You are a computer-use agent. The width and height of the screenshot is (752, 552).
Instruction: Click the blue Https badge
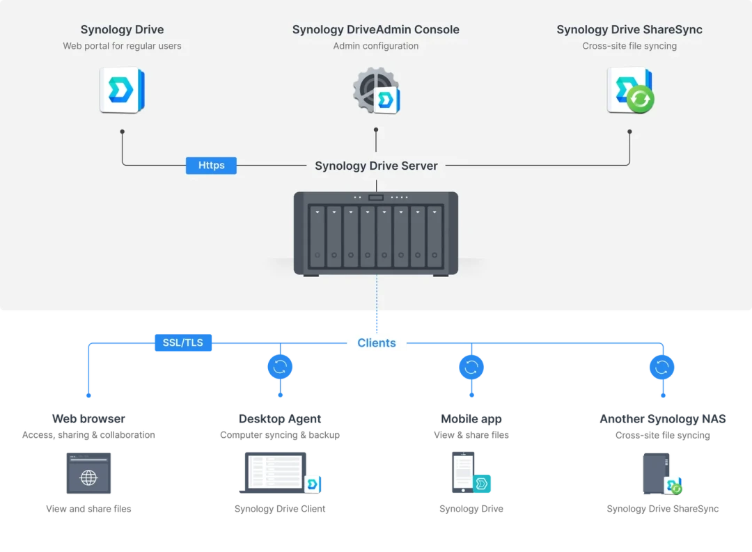[211, 166]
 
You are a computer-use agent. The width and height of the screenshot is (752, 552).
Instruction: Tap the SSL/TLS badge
[183, 342]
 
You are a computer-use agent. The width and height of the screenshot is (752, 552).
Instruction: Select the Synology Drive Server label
[376, 166]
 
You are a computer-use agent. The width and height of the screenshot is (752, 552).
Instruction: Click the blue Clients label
[377, 343]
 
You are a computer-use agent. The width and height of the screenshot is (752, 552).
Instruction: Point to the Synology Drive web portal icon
[123, 90]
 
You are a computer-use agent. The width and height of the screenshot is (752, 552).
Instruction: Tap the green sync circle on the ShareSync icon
[641, 99]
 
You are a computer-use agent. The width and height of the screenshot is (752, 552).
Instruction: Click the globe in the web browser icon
[88, 478]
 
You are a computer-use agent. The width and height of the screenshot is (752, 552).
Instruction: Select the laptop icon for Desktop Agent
[274, 473]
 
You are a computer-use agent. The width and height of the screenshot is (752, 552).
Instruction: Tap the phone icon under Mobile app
[463, 472]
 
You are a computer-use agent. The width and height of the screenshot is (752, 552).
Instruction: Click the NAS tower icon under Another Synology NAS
[656, 473]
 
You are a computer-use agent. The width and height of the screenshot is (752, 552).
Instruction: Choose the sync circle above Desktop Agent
[280, 367]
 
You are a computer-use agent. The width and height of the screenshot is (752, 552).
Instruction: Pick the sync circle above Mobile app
[471, 367]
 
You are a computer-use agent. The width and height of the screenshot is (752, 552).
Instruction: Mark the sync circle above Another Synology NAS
[662, 367]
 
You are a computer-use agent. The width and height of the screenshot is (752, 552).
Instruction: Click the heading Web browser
[88, 418]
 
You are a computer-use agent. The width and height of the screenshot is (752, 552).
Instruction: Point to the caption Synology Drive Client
[280, 509]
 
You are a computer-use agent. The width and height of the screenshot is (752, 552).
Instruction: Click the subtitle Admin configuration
[376, 46]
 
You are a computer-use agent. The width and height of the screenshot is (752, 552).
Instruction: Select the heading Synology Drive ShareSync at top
[629, 30]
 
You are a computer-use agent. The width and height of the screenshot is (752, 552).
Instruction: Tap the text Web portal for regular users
[123, 46]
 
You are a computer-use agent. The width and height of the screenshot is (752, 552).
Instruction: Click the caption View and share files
[88, 509]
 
